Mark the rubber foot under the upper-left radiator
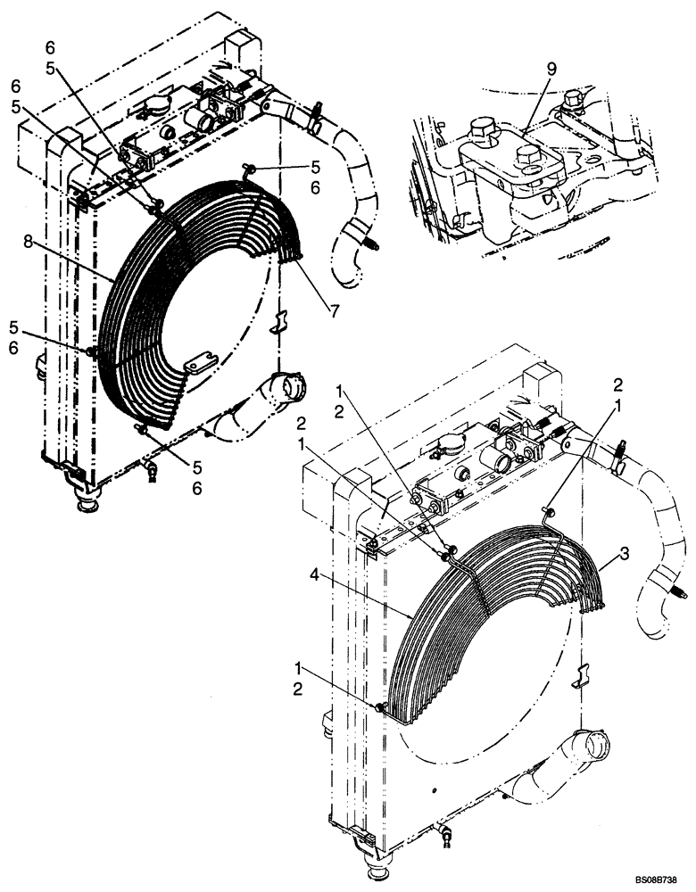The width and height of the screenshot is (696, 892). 87,504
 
